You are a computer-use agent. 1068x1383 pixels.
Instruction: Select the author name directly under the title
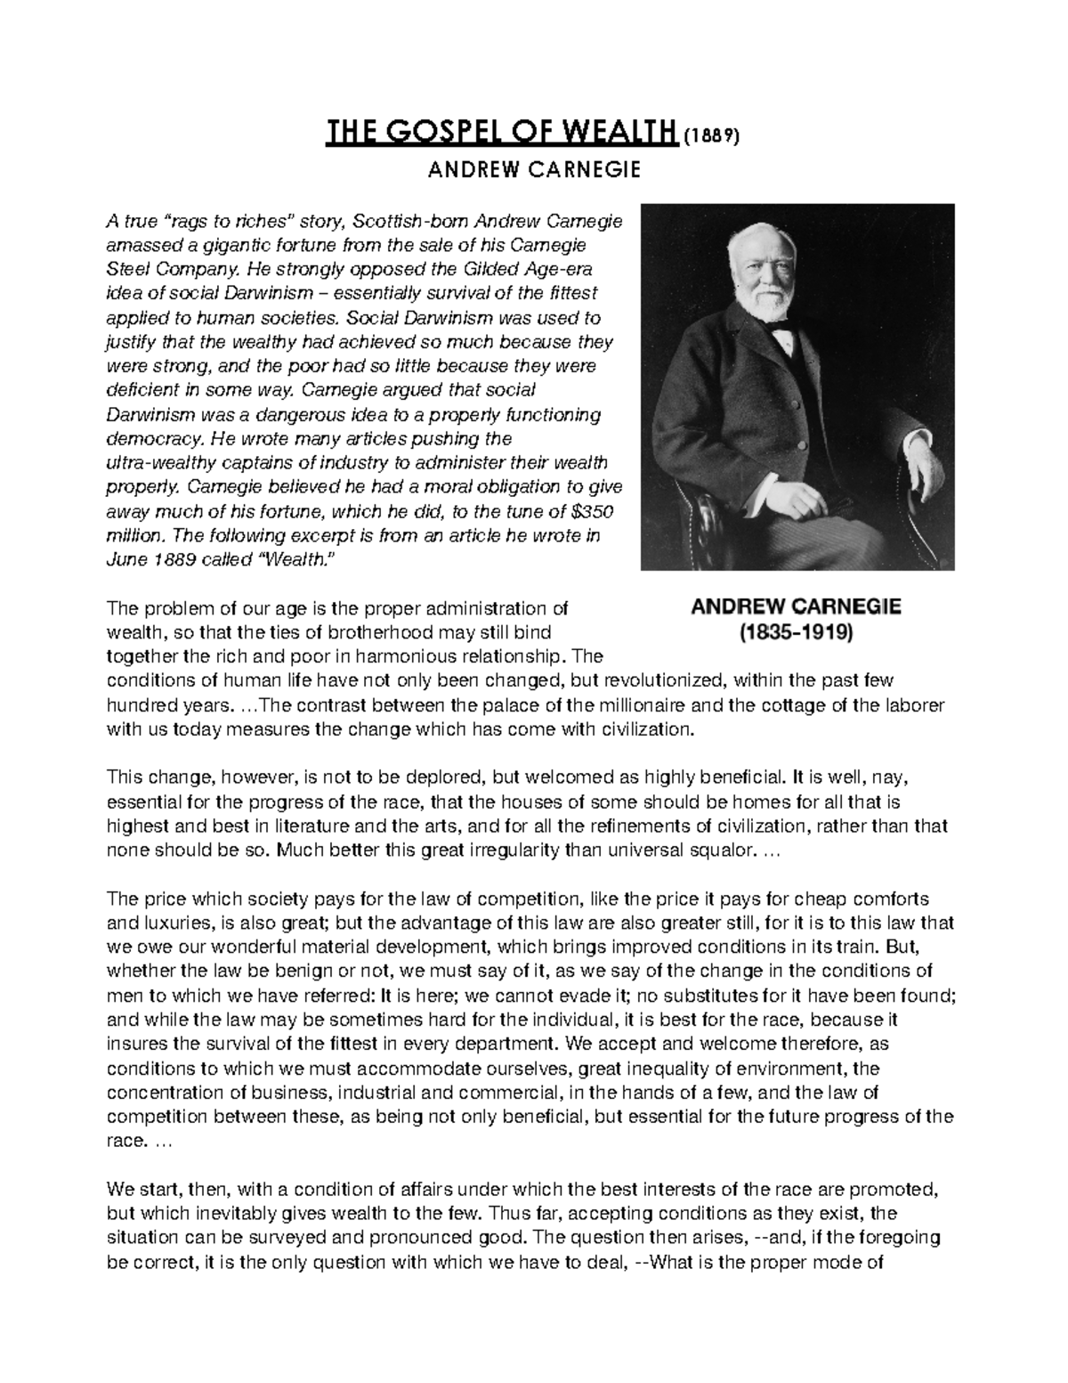pyautogui.click(x=534, y=169)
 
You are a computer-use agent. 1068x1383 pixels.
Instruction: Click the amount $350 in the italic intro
pyautogui.click(x=592, y=512)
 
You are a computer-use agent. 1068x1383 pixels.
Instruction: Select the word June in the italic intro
pyautogui.click(x=125, y=560)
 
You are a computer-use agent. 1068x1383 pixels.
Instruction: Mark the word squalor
pyautogui.click(x=716, y=849)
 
